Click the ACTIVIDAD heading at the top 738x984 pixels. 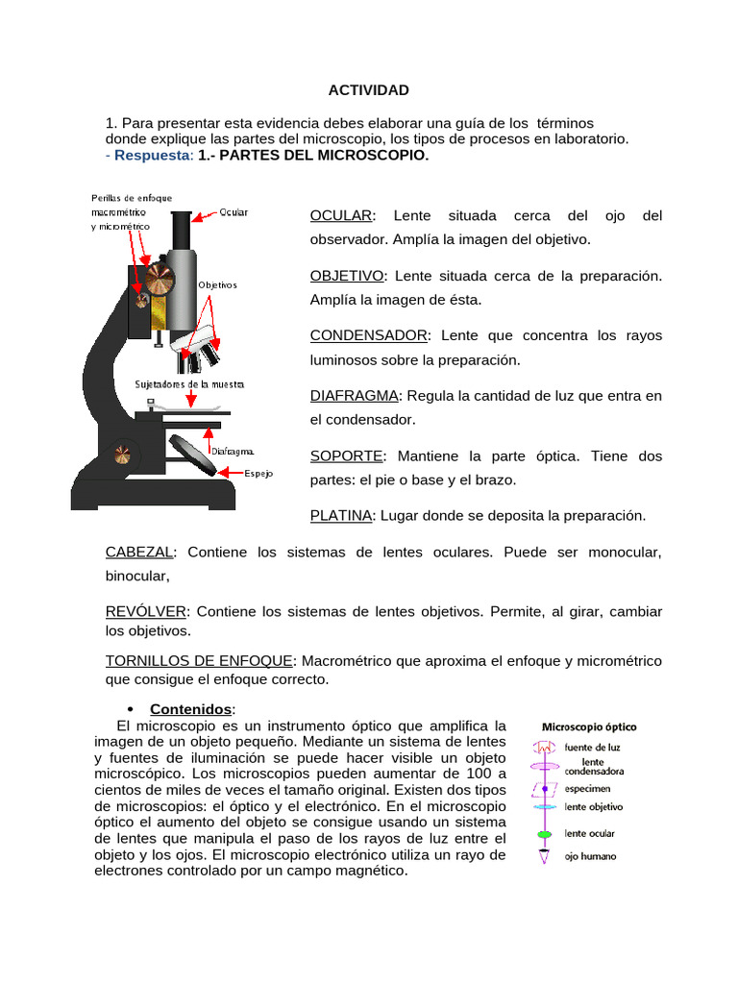click(x=369, y=90)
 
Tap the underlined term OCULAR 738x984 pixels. click(x=340, y=216)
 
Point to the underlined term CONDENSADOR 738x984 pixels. click(x=368, y=336)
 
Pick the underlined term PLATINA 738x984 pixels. click(x=340, y=516)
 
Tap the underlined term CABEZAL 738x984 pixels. click(x=139, y=553)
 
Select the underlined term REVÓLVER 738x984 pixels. click(x=146, y=612)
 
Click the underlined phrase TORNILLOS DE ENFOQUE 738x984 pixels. click(x=199, y=661)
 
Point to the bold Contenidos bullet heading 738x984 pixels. click(x=192, y=709)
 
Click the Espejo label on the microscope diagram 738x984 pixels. click(x=258, y=474)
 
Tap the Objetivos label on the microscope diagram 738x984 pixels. click(x=217, y=285)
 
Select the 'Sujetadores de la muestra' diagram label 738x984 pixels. click(x=189, y=384)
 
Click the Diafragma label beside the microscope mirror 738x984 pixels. click(x=232, y=450)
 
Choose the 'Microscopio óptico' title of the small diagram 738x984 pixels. click(x=590, y=727)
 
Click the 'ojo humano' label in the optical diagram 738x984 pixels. click(x=591, y=856)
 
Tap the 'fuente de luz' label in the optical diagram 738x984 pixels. click(x=593, y=747)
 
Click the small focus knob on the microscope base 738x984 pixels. click(x=123, y=455)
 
